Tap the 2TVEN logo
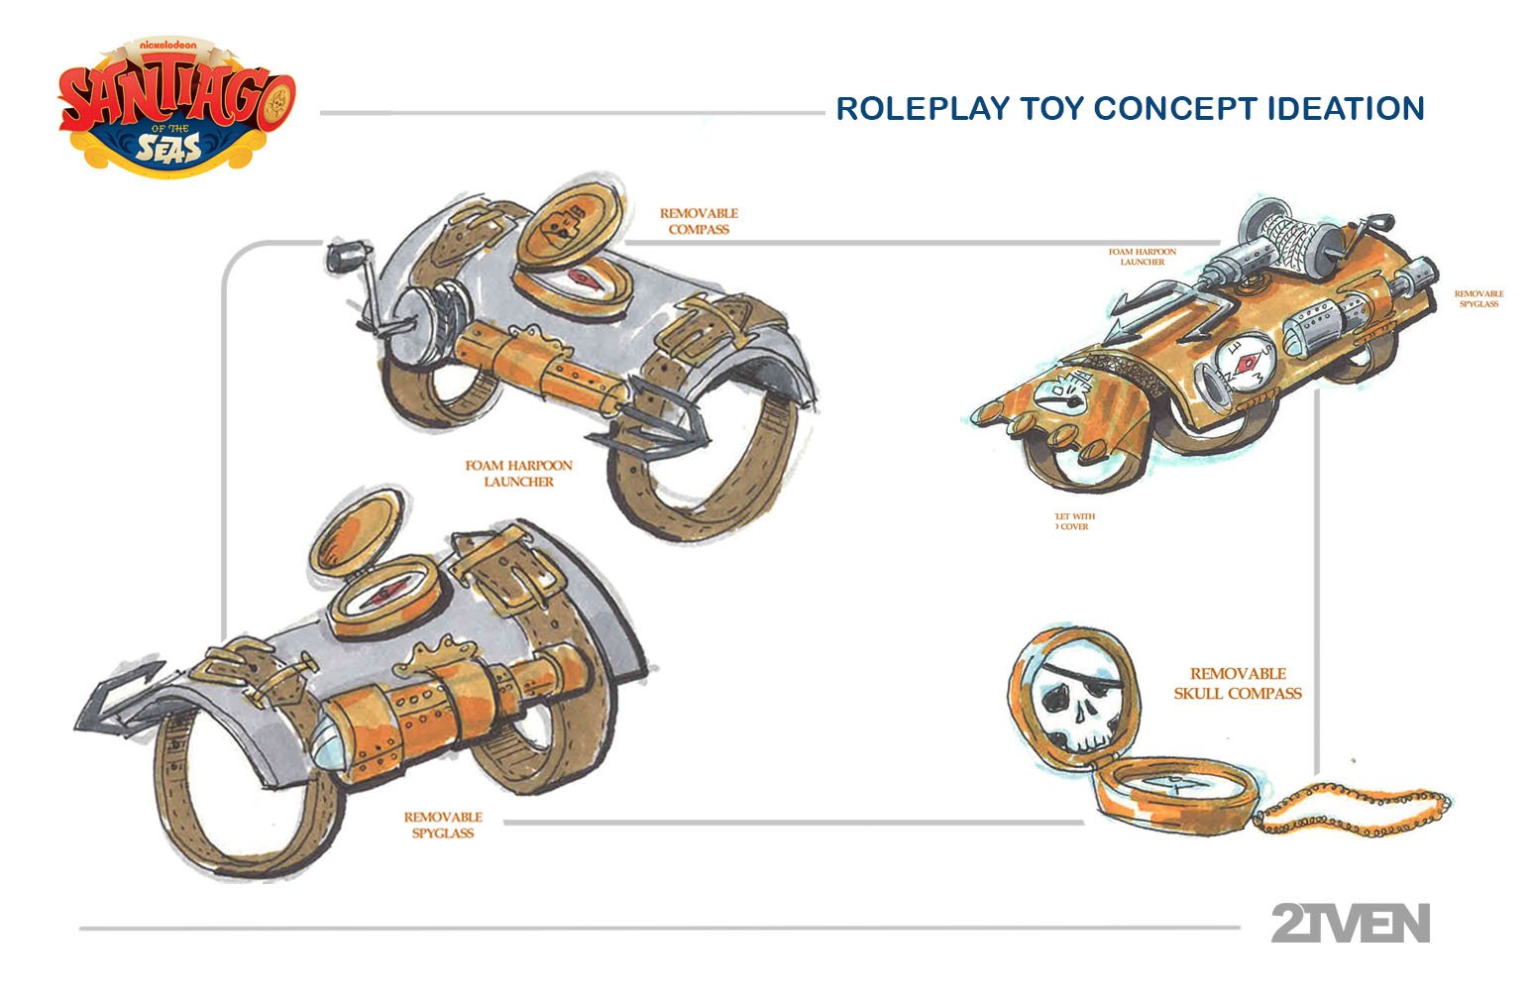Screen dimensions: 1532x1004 1350,923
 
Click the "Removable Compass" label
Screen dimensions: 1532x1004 699,221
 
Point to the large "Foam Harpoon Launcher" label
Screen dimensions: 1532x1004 518,473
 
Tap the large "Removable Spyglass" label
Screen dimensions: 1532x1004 443,825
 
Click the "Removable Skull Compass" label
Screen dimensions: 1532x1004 1238,683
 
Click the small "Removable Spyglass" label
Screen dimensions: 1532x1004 1478,298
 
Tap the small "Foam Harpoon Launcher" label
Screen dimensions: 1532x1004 1142,257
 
